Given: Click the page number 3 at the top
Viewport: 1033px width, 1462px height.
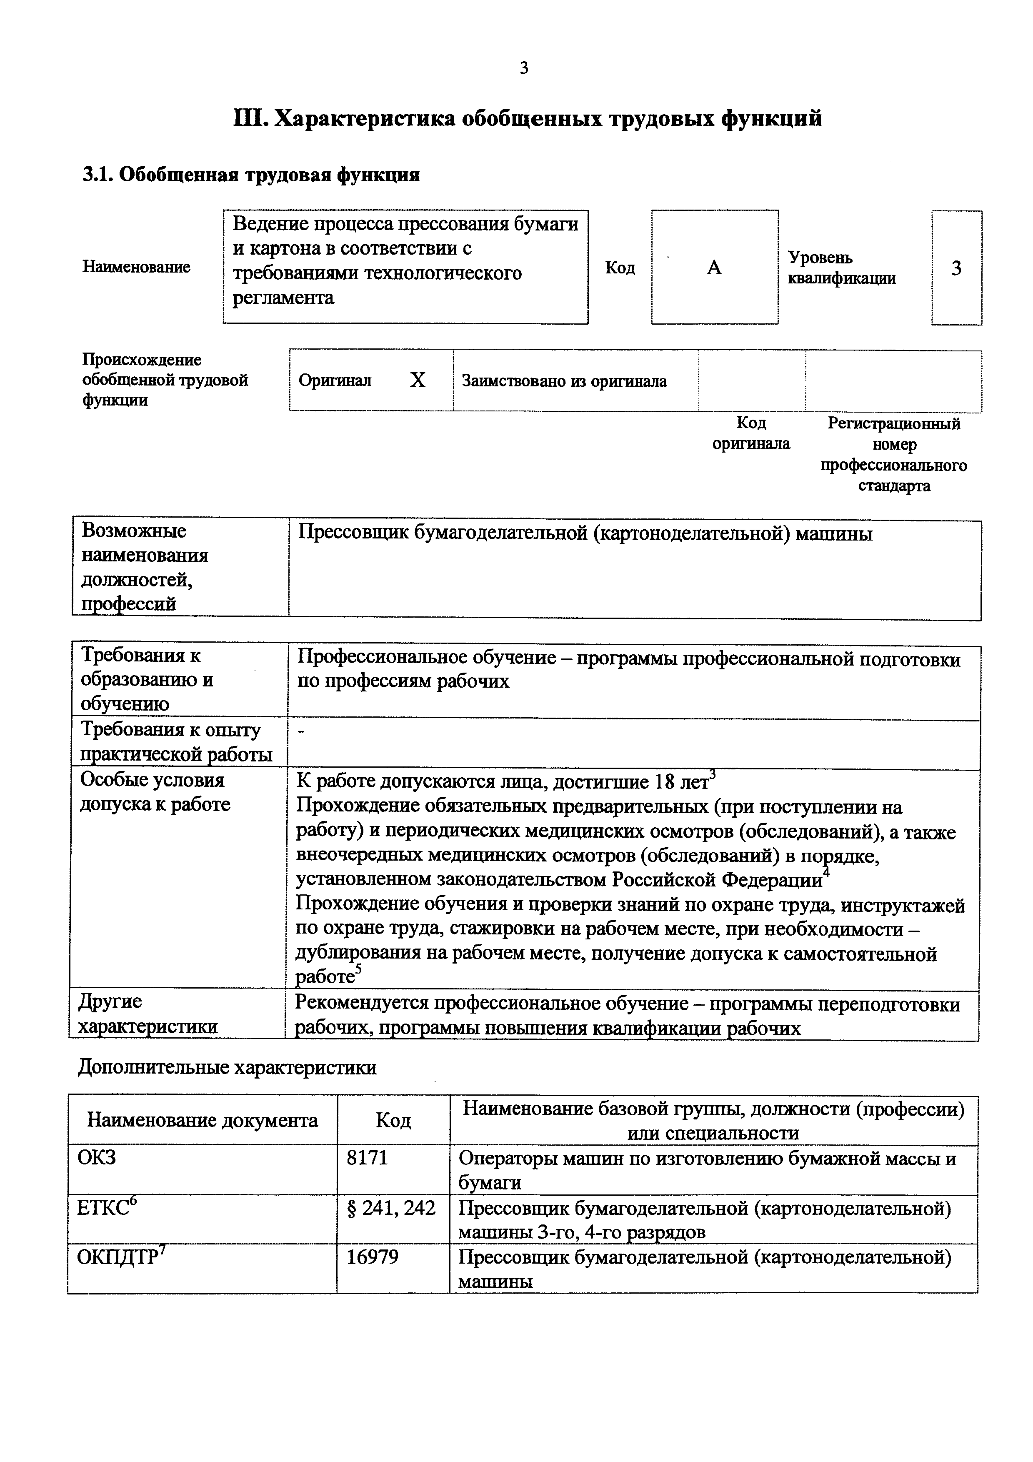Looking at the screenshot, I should (x=524, y=68).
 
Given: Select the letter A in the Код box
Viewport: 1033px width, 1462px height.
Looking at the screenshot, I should (x=714, y=268).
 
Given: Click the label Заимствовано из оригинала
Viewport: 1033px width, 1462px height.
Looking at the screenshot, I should (x=564, y=381).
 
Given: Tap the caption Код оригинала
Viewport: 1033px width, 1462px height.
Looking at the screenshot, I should (x=751, y=433).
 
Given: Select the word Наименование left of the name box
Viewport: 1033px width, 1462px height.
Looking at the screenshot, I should (x=136, y=267).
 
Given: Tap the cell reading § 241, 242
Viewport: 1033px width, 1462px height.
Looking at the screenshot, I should (x=391, y=1207).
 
